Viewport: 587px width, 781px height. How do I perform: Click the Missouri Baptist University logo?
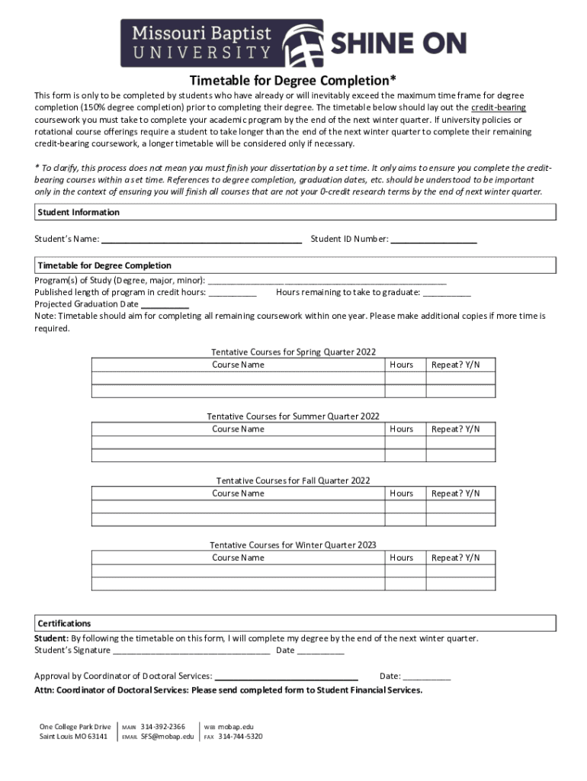221,43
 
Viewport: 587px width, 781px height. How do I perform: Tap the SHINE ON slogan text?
397,44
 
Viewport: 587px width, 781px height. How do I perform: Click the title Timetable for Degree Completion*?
293,81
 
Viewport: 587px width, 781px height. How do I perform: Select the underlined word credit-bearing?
499,108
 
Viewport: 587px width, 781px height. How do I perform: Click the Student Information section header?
78,212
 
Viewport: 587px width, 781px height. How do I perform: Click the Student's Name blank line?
202,239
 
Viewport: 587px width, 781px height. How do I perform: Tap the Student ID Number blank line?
434,239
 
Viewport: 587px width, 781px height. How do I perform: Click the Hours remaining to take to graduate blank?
447,292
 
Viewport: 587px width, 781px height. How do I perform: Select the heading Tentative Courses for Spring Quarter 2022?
293,352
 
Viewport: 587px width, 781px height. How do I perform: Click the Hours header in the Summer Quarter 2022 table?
402,429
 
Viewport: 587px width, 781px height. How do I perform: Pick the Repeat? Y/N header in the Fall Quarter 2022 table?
456,493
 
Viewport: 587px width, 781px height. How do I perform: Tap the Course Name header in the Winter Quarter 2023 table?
238,558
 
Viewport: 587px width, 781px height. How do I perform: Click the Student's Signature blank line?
191,651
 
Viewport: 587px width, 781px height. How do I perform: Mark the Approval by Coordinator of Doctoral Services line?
287,677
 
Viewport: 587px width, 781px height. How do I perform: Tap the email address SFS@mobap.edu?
167,737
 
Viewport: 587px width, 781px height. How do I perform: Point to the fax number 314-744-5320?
240,737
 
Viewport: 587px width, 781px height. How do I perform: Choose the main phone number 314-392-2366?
162,727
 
